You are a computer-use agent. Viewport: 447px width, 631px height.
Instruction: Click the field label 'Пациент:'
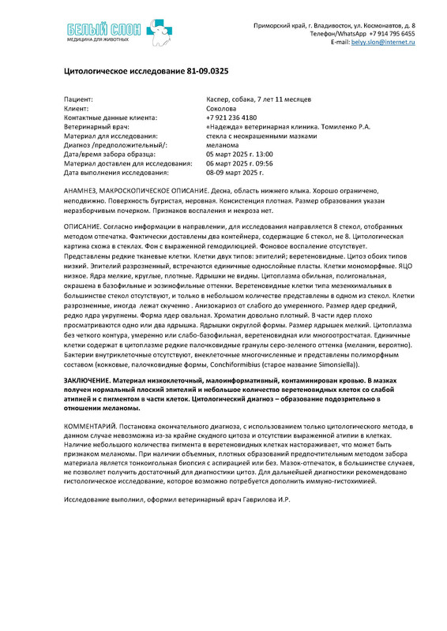click(78, 99)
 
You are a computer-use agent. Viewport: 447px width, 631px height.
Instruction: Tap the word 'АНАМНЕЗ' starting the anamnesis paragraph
click(81, 192)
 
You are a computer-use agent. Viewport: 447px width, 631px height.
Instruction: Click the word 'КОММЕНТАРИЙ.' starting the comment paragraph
click(90, 424)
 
